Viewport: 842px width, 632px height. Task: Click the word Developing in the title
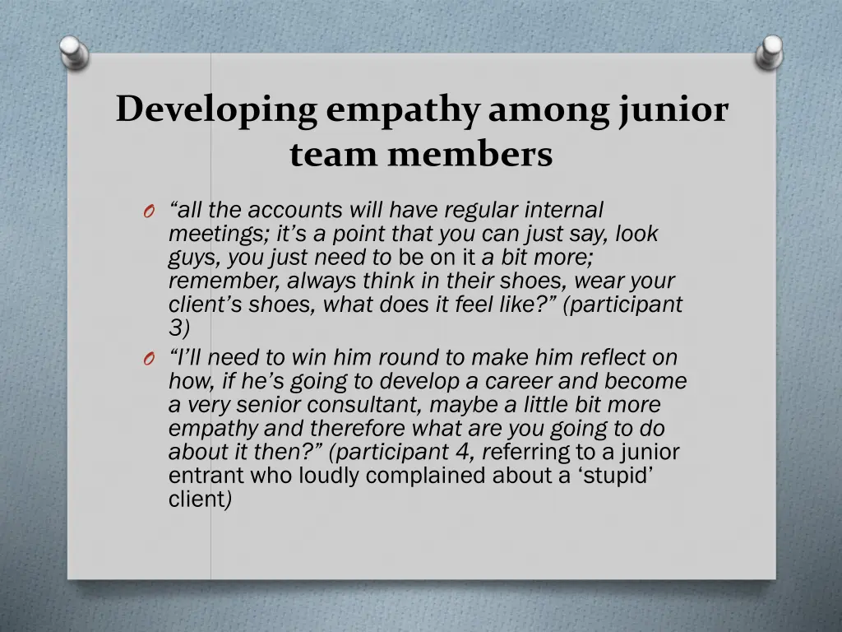[216, 110]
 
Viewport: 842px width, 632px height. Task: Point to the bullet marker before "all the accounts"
[148, 212]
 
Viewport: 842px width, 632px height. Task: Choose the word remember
[224, 281]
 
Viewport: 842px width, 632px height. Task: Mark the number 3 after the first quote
[178, 328]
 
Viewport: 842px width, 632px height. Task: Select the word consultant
[368, 406]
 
